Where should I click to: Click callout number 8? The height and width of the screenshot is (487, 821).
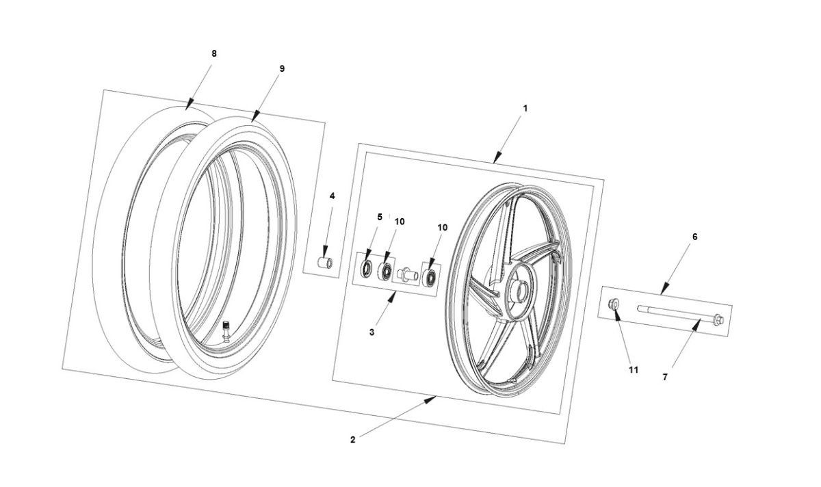tap(213, 53)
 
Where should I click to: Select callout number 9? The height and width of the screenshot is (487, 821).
tap(282, 68)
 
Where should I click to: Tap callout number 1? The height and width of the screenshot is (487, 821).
tap(525, 108)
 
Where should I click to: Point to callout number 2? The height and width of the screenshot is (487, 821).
tap(352, 440)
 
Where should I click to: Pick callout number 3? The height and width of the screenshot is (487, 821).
tap(372, 332)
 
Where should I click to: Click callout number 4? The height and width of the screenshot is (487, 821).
tap(333, 196)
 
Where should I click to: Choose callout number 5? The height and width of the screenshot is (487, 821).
tap(380, 217)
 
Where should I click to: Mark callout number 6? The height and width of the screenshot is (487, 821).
tap(694, 237)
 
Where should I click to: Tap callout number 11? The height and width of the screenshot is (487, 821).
tap(634, 369)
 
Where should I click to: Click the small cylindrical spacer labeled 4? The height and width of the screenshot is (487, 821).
tap(327, 263)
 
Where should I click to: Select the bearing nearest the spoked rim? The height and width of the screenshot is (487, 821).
tap(431, 277)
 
